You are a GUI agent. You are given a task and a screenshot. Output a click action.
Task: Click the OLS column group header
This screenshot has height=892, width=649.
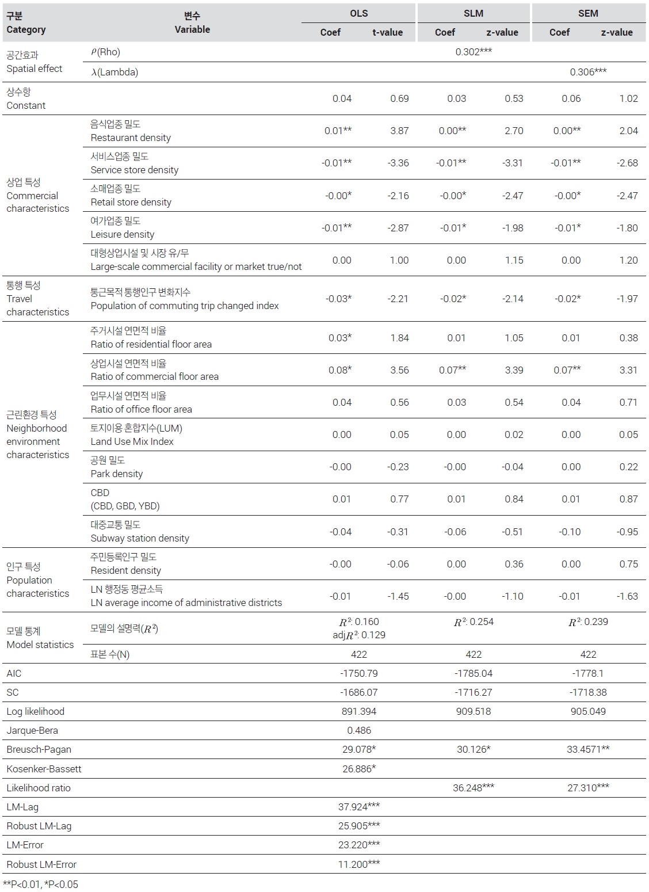tap(358, 13)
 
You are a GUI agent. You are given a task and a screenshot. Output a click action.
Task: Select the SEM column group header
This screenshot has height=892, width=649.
tap(588, 13)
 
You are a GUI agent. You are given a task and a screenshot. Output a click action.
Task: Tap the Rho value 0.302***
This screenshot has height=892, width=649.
tap(474, 52)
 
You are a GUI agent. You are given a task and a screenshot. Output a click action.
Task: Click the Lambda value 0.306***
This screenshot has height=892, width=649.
tap(588, 72)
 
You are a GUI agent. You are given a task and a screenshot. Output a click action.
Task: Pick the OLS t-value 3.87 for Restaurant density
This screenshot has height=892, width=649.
tap(399, 131)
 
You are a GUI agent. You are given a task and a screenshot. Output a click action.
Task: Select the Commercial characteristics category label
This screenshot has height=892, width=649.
tap(37, 196)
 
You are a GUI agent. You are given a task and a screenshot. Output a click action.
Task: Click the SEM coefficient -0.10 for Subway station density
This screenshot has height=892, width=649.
tap(570, 532)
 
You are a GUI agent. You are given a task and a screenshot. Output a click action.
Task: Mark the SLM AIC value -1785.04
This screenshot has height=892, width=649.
tap(474, 673)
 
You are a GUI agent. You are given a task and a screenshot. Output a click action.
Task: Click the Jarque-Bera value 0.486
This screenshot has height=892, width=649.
tap(359, 730)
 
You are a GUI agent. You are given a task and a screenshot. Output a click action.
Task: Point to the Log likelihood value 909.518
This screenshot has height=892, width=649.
tap(474, 711)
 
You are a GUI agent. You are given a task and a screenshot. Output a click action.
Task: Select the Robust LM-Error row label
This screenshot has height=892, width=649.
tap(41, 864)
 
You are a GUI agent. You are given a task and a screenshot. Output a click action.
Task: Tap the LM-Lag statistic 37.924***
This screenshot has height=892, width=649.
tap(359, 807)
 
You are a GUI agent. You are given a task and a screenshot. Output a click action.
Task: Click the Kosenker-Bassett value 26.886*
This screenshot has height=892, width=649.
tap(359, 769)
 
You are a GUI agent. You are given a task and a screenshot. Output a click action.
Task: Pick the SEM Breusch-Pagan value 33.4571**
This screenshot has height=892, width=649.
tap(588, 749)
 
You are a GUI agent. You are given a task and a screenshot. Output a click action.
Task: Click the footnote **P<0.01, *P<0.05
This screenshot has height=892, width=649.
tap(40, 885)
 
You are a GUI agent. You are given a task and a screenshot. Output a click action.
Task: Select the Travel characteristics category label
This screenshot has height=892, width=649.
tap(37, 299)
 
